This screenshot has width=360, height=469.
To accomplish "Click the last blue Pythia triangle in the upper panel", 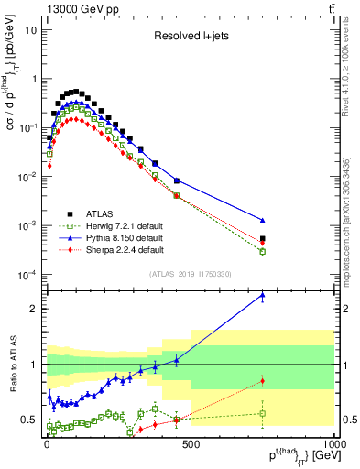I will point(263,220).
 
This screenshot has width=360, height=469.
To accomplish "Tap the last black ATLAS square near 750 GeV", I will point(263,238).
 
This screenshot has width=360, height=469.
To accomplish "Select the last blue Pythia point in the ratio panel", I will point(263,295).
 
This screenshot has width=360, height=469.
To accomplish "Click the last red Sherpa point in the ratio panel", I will point(263,381).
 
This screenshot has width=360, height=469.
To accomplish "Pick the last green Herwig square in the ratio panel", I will point(263,413).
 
